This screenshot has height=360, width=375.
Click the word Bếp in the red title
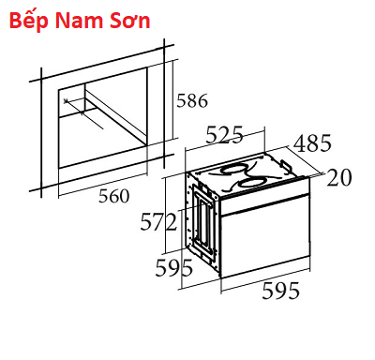(29, 22)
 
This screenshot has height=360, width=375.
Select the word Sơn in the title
(130, 21)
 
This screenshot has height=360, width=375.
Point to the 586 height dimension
(192, 100)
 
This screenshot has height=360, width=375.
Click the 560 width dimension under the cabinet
(114, 196)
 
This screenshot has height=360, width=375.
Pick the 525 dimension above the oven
(224, 135)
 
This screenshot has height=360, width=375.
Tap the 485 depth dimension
(312, 143)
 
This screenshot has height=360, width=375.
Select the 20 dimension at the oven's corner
(339, 178)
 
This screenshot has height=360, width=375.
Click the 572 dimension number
(158, 221)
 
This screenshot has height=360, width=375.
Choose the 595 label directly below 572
(174, 268)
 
